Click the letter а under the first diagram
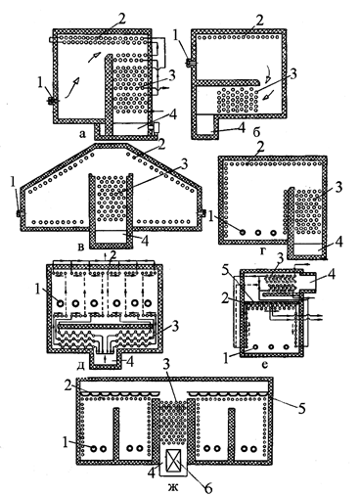(x=82, y=133)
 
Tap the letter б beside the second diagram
(x=256, y=133)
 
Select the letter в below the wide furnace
(x=81, y=247)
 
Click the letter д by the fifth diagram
(x=81, y=365)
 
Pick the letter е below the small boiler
(x=264, y=364)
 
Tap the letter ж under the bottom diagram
(x=173, y=487)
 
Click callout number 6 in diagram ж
(x=207, y=488)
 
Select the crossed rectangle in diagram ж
(x=173, y=462)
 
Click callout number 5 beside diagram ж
(x=302, y=408)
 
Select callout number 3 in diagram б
(x=293, y=75)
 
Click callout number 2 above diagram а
(x=121, y=20)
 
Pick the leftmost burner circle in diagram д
(x=60, y=303)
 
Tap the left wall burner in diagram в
(x=19, y=213)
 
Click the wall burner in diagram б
(x=189, y=63)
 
